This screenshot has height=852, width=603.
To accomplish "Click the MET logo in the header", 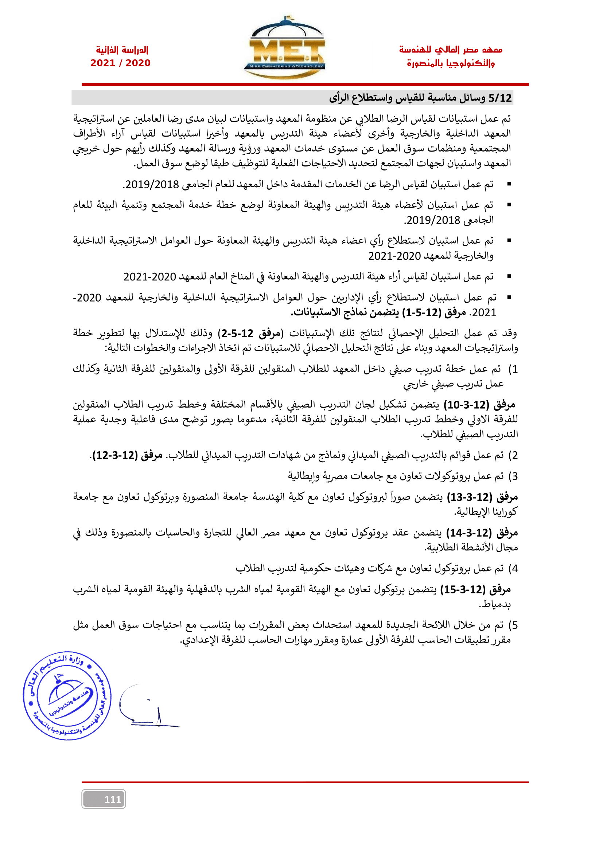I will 284,48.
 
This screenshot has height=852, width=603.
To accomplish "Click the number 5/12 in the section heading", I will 500,98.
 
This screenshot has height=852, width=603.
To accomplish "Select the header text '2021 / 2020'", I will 120,63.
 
